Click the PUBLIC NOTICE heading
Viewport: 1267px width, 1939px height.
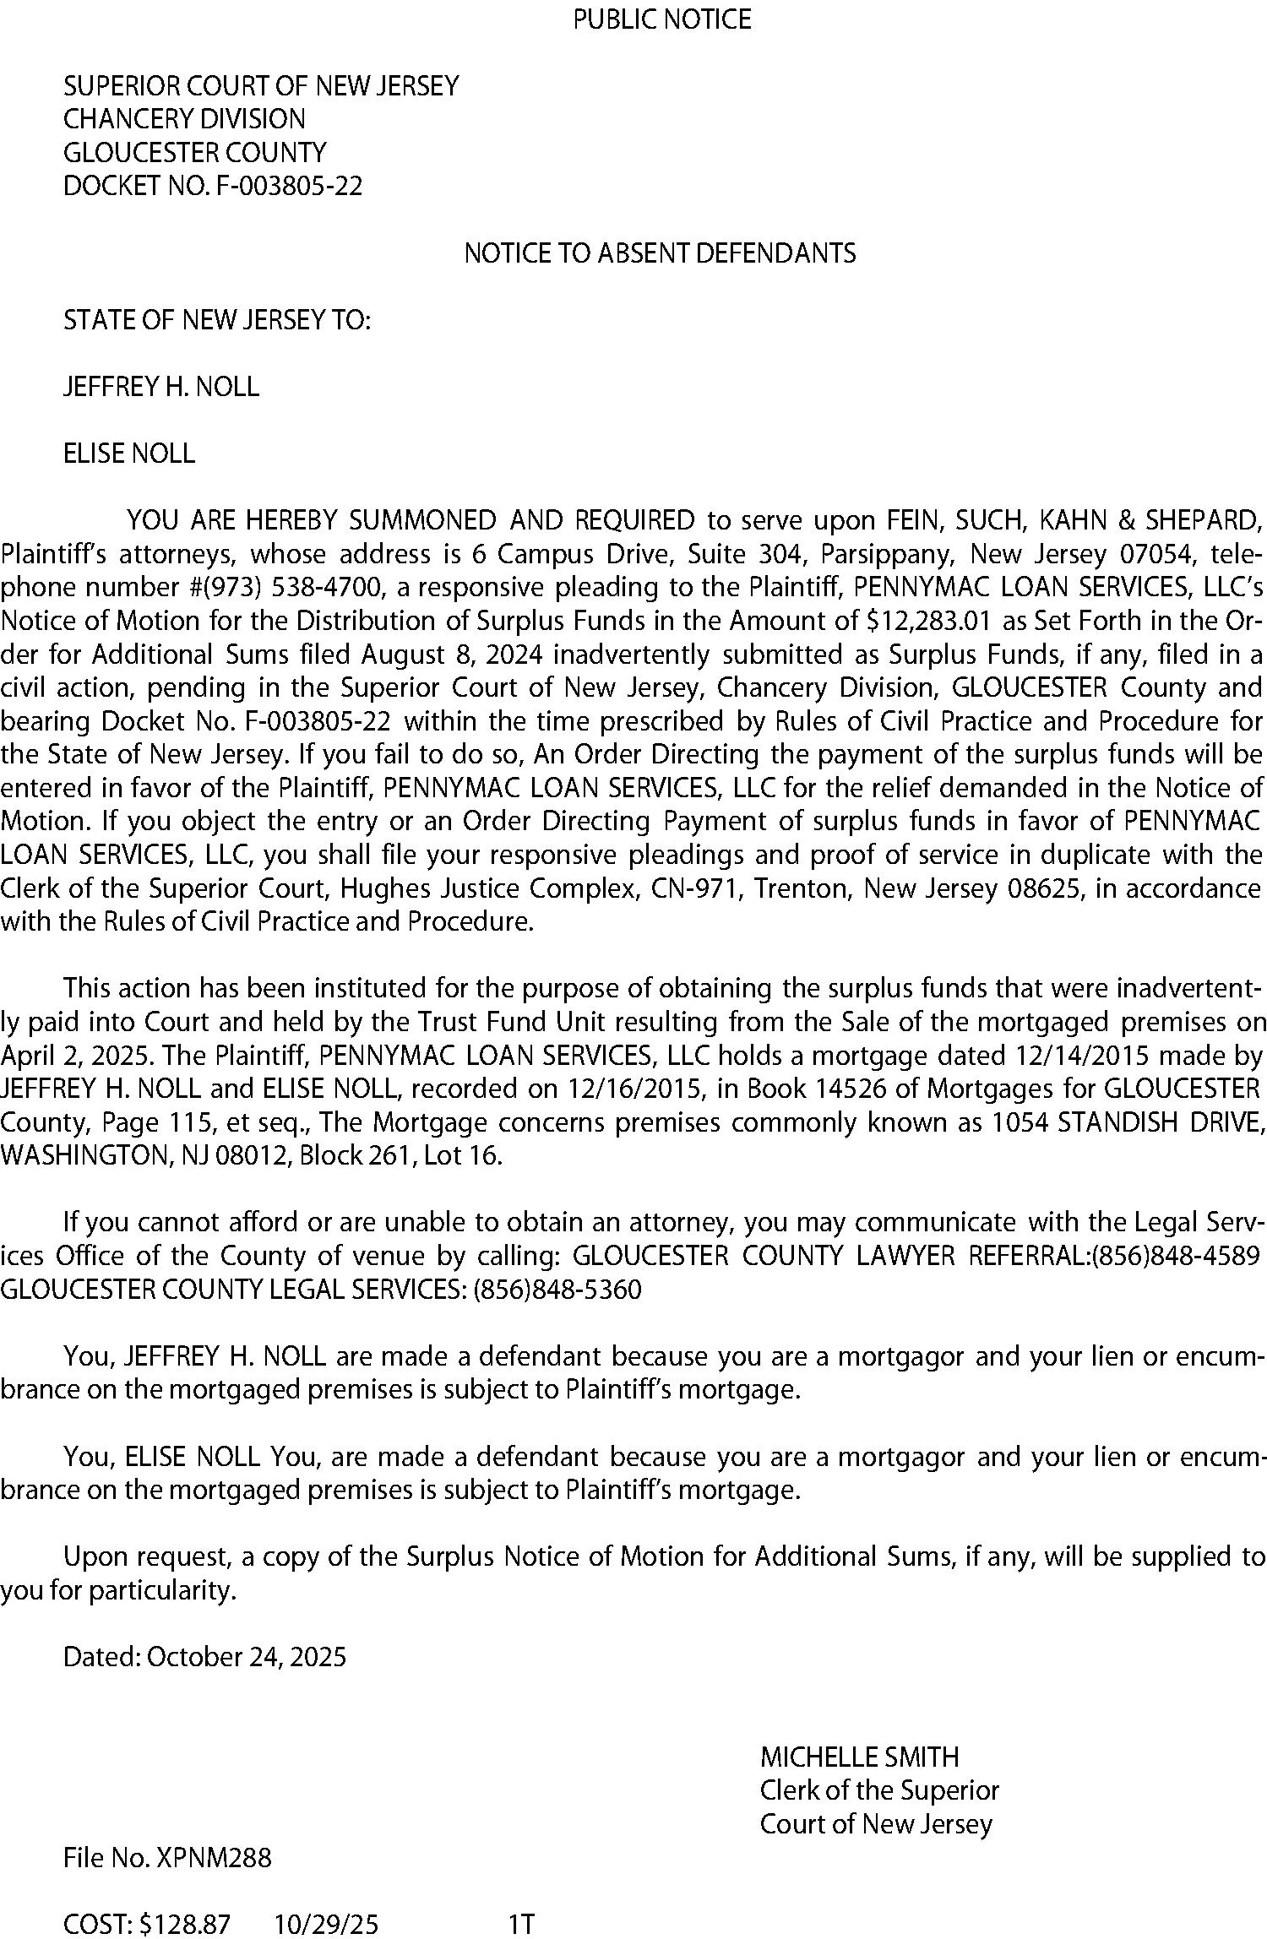coord(661,19)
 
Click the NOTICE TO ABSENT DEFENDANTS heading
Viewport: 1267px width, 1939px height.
coord(660,253)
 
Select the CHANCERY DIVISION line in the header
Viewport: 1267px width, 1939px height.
coord(184,119)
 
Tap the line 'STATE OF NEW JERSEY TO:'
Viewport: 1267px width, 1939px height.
coord(217,320)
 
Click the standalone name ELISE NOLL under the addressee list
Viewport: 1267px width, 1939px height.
coord(129,454)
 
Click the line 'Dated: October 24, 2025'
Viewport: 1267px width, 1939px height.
coord(205,1657)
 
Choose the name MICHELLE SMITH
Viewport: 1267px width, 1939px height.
coord(859,1757)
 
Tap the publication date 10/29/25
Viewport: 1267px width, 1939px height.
coord(326,1925)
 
